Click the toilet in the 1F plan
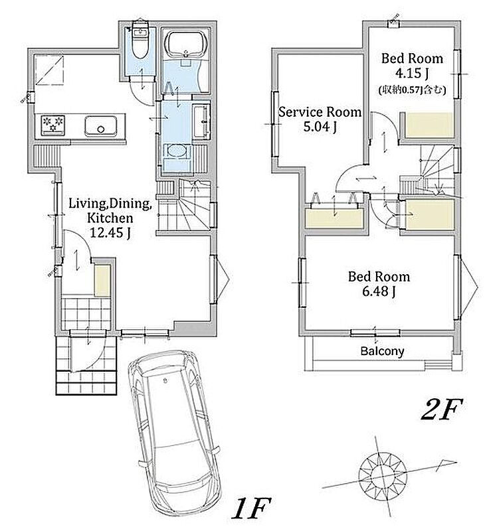pos(140,40)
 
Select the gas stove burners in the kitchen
pos(53,124)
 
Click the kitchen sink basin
pos(100,126)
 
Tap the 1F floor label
pos(251,508)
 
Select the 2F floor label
pos(442,409)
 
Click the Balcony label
pos(382,351)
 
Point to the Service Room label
pos(320,112)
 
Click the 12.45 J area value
pos(110,233)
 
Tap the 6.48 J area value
pos(379,291)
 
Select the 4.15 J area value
pos(412,73)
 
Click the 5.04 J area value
pos(320,127)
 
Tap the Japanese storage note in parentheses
pos(412,90)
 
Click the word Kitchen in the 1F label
pos(110,218)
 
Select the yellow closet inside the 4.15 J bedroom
pos(430,125)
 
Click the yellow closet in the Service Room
pos(334,219)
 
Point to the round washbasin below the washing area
pos(176,151)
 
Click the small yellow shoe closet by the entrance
pos(102,281)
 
